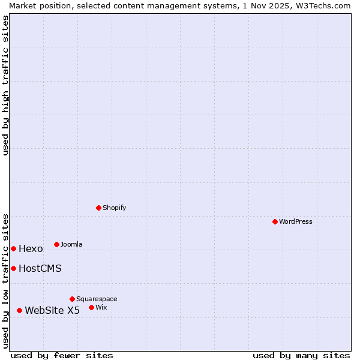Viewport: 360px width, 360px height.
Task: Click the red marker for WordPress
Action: coord(275,221)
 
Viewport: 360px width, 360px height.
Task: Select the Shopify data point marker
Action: coord(98,208)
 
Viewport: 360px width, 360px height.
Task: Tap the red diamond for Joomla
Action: coord(56,244)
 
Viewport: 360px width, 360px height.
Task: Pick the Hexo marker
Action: coord(13,248)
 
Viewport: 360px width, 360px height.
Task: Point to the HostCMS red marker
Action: coord(13,268)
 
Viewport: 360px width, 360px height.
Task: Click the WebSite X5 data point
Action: coord(19,310)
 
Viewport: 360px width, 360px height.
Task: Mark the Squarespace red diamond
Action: coord(72,299)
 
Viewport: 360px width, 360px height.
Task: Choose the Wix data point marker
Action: coord(91,307)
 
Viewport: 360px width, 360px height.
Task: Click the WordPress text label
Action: coord(296,221)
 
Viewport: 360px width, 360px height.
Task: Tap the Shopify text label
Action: coord(114,208)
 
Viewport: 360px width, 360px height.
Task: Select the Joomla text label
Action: coord(71,244)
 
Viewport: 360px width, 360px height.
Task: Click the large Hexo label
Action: coord(31,249)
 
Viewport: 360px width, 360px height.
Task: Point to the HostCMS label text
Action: coord(40,269)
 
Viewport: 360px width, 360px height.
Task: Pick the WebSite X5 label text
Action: coord(52,311)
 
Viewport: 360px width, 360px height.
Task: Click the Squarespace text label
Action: coord(97,299)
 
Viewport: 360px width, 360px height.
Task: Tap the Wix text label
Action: coord(101,307)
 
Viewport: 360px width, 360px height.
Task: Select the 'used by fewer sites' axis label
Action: coord(62,355)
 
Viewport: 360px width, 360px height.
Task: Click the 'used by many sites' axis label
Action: coord(301,355)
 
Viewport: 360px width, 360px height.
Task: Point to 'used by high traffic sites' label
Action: coord(5,85)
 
